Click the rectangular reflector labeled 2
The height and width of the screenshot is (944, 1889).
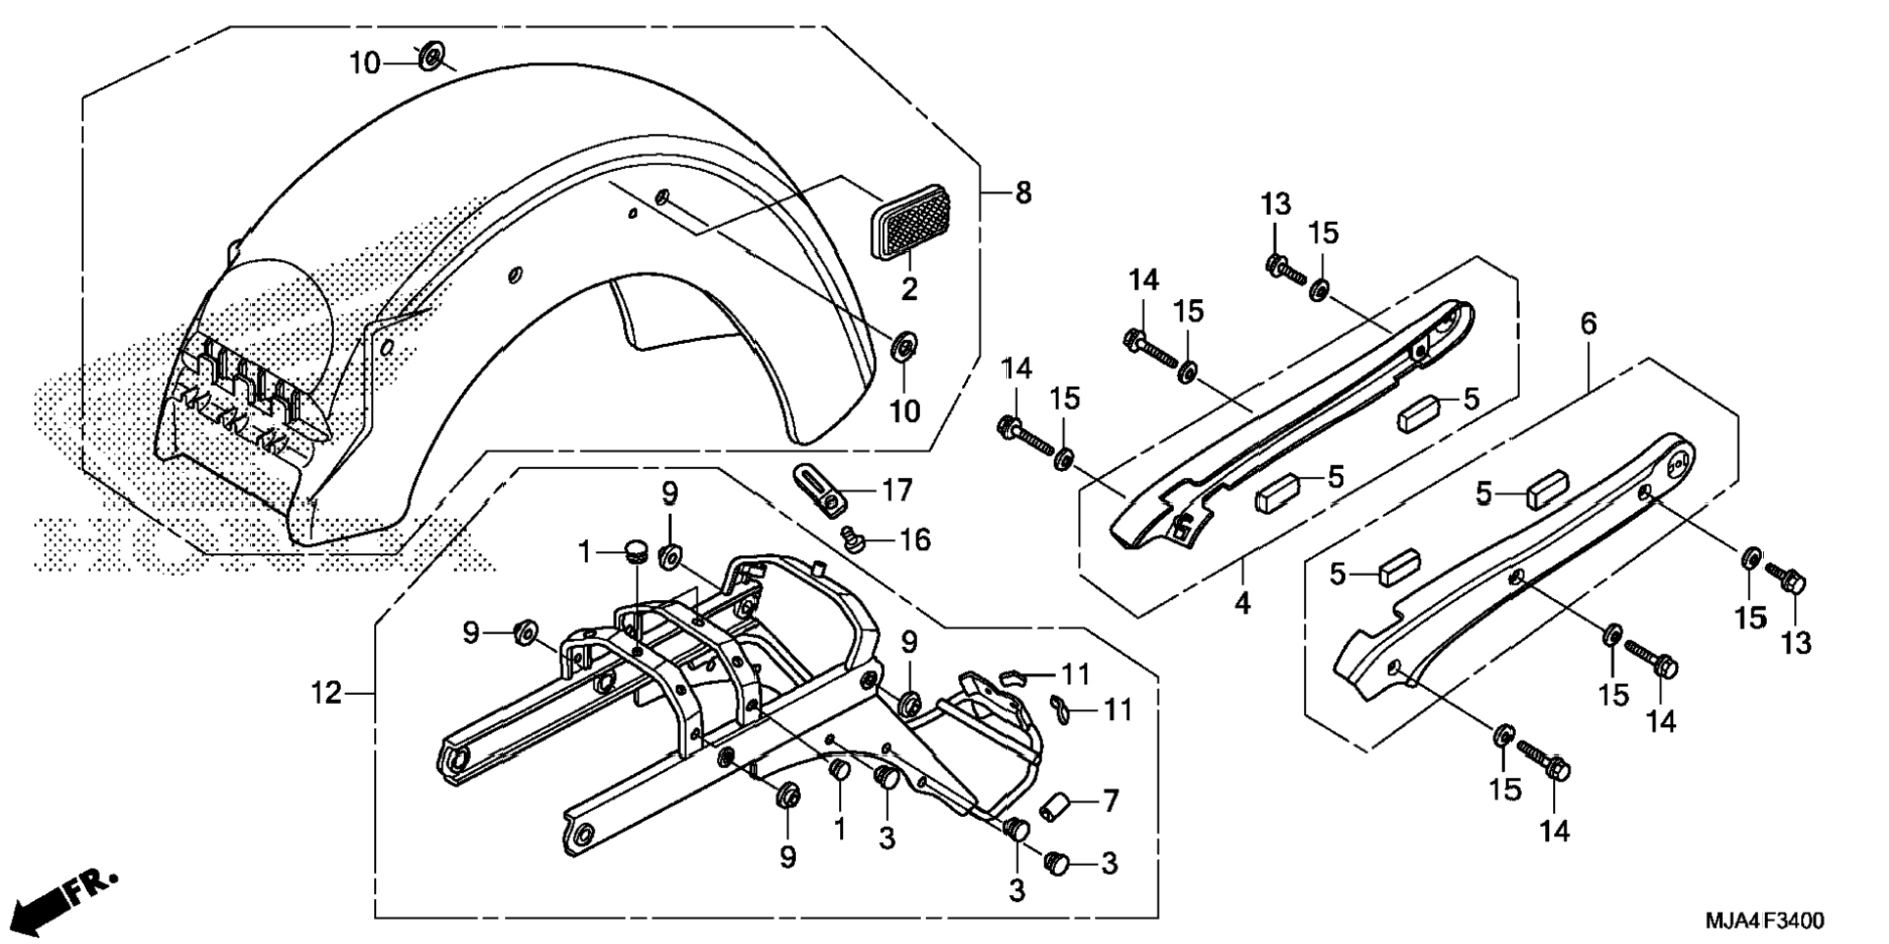pos(910,221)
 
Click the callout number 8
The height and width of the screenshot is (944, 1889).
pos(1023,193)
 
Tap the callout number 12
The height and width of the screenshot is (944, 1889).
pos(326,693)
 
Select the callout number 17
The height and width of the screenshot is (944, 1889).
pos(896,490)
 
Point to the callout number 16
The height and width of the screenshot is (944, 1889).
pos(914,539)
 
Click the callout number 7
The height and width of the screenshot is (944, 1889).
pos(1110,801)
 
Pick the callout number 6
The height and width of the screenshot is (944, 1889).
pos(1588,322)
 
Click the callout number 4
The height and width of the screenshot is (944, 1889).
pos(1241,603)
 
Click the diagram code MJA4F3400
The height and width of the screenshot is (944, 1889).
pos(1764,921)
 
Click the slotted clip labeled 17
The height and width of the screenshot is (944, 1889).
pos(819,489)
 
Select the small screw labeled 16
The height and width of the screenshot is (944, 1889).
pos(854,538)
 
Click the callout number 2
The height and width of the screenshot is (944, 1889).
pos(909,288)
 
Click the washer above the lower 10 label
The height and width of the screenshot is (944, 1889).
pos(903,346)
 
